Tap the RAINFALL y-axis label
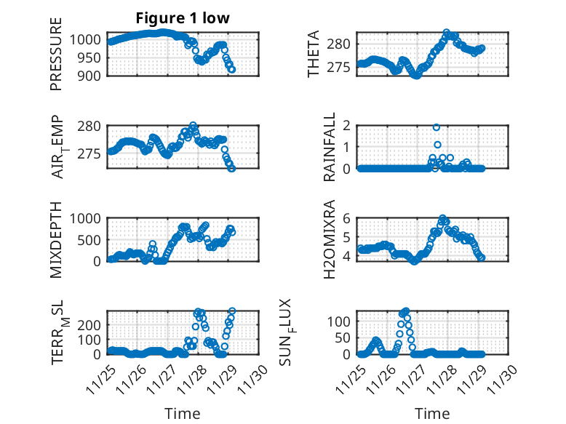click(330, 147)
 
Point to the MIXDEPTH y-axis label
click(56, 239)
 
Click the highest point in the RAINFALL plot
click(437, 127)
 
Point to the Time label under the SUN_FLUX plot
click(432, 414)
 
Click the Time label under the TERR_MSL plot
click(183, 414)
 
